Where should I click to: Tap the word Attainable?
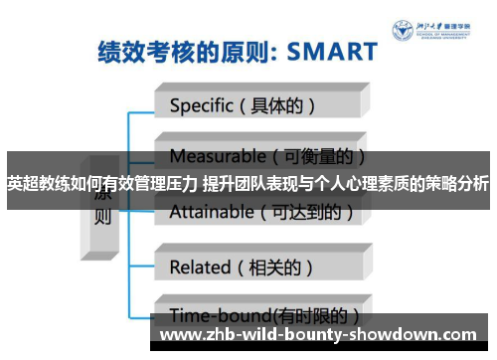(211, 211)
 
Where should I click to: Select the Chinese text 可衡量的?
(317, 156)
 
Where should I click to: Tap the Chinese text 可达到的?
(309, 211)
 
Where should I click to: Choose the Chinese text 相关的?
(281, 267)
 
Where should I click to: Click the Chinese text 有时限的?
(315, 316)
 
